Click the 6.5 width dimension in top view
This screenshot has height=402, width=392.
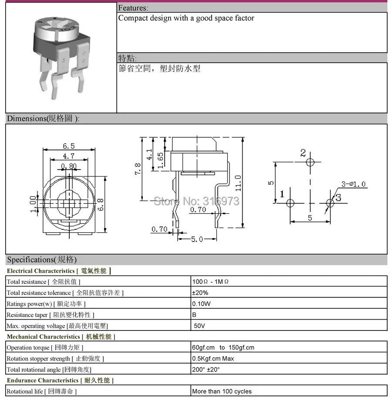pyautogui.click(x=69, y=146)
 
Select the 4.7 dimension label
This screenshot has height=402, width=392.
pyautogui.click(x=69, y=156)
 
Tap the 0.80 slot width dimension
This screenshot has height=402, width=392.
pyautogui.click(x=69, y=166)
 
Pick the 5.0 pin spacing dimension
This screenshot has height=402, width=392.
pyautogui.click(x=197, y=239)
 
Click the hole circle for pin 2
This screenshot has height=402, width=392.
pyautogui.click(x=310, y=163)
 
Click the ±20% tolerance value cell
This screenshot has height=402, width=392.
pyautogui.click(x=200, y=293)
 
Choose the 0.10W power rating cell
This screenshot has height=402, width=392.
pyautogui.click(x=202, y=303)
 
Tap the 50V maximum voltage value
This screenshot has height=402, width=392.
pyautogui.click(x=199, y=325)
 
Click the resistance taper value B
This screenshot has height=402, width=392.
pyautogui.click(x=194, y=314)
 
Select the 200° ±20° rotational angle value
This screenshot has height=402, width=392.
pyautogui.click(x=206, y=369)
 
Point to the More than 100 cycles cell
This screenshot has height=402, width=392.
pyautogui.click(x=222, y=391)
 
